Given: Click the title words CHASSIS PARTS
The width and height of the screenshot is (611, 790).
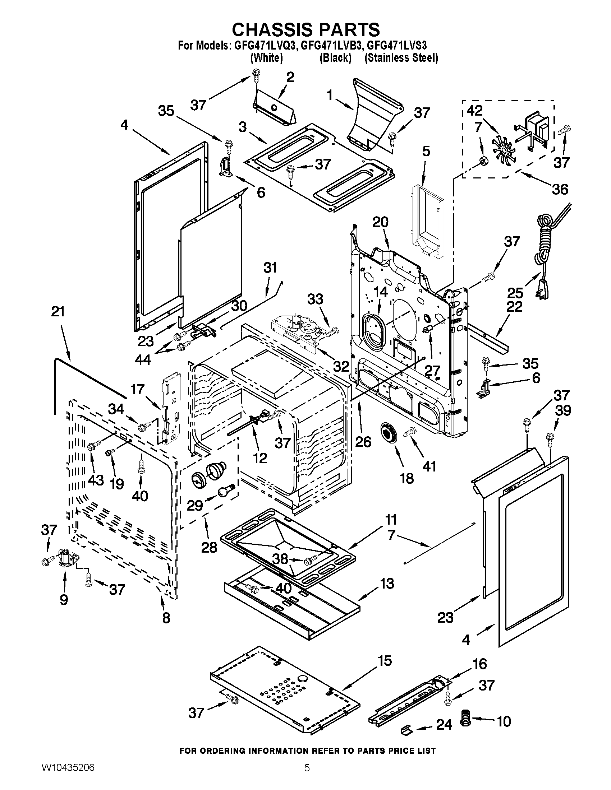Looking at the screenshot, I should point(306,30).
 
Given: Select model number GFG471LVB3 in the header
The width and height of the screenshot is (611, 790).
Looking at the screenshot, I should point(336,46).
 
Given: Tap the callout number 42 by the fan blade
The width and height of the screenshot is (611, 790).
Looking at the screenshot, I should point(474,111).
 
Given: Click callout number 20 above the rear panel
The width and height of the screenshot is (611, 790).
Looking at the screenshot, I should point(380,222).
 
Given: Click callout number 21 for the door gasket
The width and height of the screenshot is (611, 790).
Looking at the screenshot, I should point(58,311).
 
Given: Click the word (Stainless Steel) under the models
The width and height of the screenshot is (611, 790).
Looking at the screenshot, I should point(401,58).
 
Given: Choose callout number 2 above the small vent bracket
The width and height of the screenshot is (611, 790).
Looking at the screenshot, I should point(290,78).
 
